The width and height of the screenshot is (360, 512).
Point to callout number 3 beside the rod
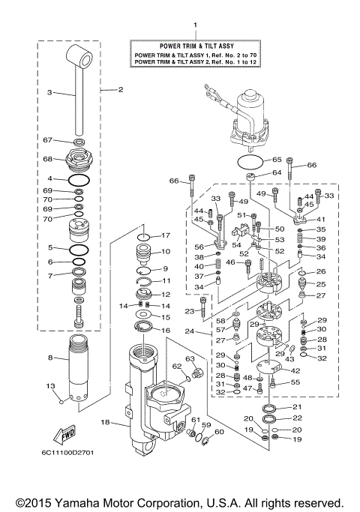(49, 93)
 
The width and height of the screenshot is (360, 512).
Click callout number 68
(47, 159)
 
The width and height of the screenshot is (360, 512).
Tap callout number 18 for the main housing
(105, 423)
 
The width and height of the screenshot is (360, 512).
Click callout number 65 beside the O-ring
(277, 160)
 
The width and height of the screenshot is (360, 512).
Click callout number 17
(167, 235)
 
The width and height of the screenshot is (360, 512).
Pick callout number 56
(199, 246)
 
